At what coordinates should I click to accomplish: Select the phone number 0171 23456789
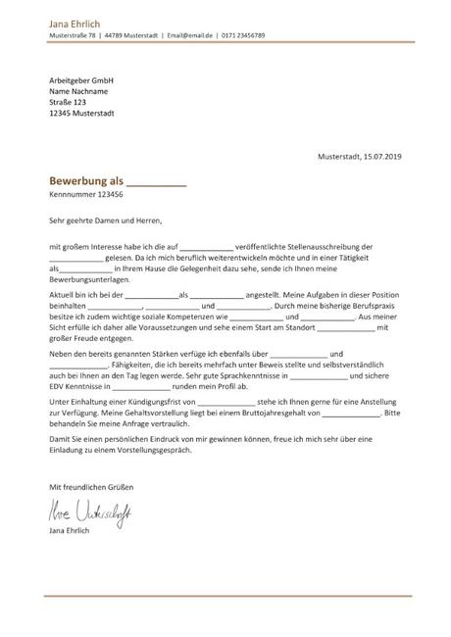[x=243, y=35]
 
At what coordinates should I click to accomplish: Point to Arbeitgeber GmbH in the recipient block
[x=79, y=78]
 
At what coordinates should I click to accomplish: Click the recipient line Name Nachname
[x=77, y=90]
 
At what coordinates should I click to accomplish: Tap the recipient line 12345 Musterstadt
[x=80, y=114]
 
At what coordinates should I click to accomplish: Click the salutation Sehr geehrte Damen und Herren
[x=104, y=221]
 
